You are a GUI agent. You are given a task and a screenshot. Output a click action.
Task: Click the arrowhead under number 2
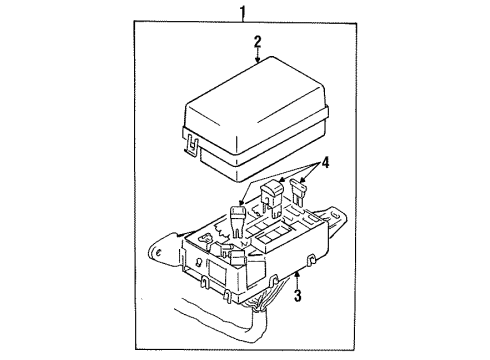pyautogui.click(x=258, y=62)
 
